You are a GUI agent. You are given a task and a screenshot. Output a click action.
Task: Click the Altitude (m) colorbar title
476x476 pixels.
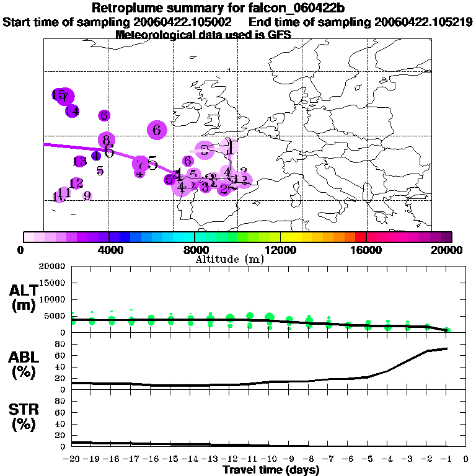coord(229,258)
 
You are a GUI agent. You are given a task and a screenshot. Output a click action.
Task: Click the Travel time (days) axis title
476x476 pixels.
coord(271,470)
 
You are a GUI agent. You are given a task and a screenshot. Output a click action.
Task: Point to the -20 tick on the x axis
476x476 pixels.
coord(73,459)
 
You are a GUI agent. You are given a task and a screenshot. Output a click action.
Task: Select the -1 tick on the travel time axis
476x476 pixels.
coord(447,459)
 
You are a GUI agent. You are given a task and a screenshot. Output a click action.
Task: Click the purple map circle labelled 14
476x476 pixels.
coord(72,112)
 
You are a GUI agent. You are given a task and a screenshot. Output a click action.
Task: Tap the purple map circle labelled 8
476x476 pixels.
coord(107,140)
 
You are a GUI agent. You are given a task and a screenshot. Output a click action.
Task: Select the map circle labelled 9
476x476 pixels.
coord(87,196)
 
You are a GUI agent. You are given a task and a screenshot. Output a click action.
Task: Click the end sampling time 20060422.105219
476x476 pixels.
coord(423,22)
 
